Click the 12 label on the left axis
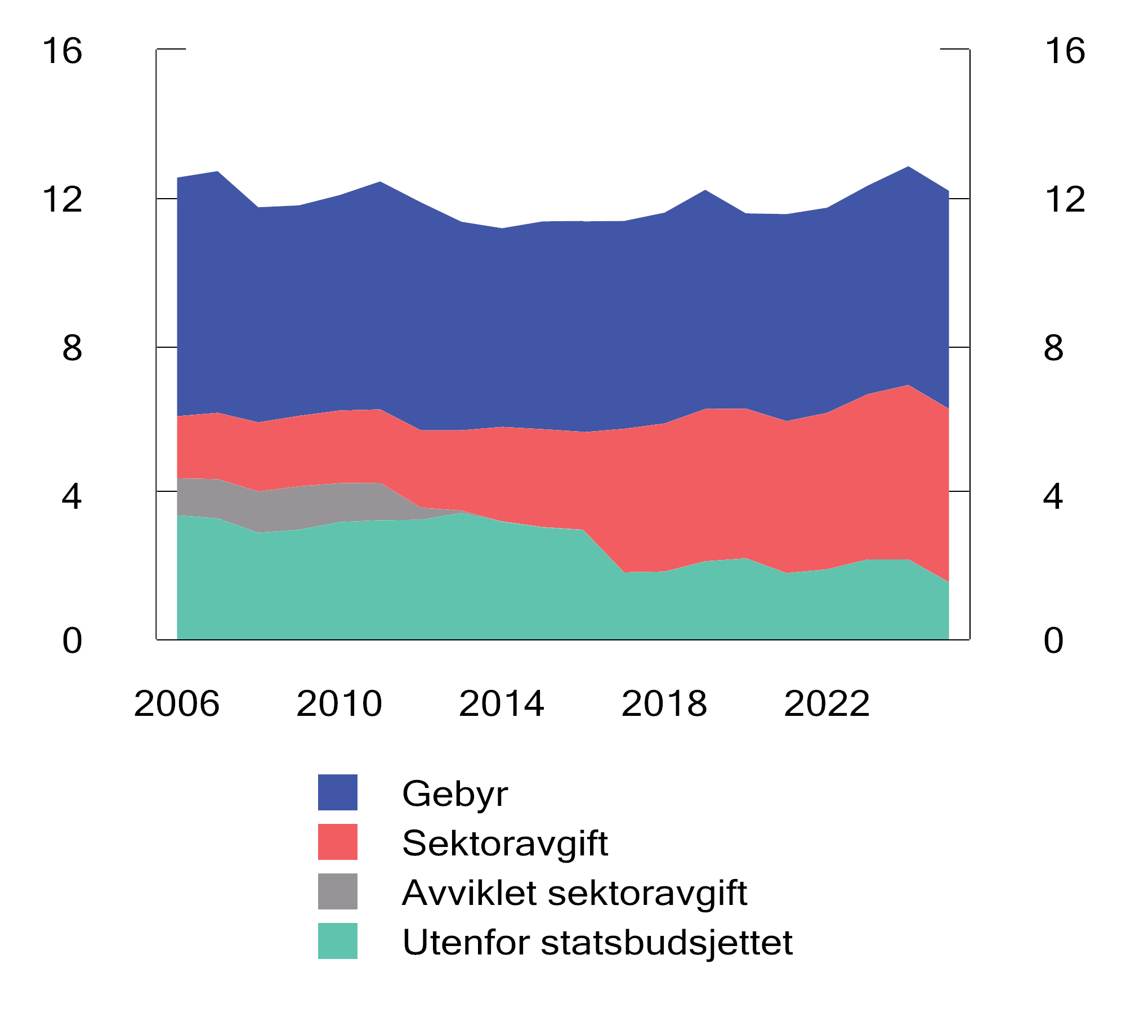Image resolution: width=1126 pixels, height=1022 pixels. click(62, 200)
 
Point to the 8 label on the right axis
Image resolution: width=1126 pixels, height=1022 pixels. click(1053, 348)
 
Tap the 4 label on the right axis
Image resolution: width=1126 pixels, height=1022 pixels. click(1053, 497)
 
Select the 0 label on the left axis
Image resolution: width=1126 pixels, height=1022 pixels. click(72, 641)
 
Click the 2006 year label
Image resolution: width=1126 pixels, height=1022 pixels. click(176, 704)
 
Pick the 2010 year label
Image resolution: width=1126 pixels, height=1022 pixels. click(339, 704)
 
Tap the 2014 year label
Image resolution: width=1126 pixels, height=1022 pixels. click(501, 704)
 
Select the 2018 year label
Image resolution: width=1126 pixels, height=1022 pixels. click(664, 704)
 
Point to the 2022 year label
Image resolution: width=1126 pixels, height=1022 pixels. click(826, 704)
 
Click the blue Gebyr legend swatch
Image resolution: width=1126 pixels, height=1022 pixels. click(338, 792)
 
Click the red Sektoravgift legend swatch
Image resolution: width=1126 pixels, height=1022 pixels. click(338, 842)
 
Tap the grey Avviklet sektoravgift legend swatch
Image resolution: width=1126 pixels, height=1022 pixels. click(338, 891)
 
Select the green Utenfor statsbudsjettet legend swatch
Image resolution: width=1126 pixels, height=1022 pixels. click(338, 941)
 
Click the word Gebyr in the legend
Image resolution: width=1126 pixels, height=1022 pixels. click(455, 794)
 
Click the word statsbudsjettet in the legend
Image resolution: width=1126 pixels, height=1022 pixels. click(667, 943)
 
